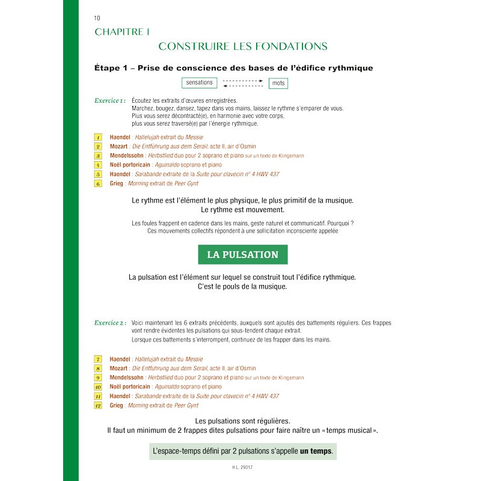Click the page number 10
(x=97, y=18)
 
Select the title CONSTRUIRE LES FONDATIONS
(x=242, y=46)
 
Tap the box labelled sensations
(x=200, y=83)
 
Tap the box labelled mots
(x=278, y=83)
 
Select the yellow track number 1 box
(x=98, y=138)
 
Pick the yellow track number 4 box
(x=98, y=165)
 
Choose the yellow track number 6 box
(x=98, y=183)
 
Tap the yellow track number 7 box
(x=98, y=359)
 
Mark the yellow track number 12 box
(x=98, y=406)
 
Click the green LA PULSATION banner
(x=242, y=254)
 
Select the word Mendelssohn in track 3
(x=126, y=156)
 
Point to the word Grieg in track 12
(x=117, y=406)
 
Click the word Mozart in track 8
(x=118, y=369)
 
